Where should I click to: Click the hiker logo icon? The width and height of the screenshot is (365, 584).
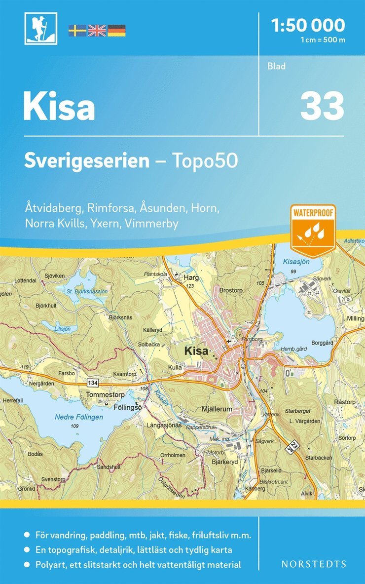(x=40, y=28)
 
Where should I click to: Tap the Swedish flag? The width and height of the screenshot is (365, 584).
(x=77, y=30)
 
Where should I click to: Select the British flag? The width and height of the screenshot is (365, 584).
(x=97, y=30)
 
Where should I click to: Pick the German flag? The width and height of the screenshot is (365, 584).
(x=116, y=30)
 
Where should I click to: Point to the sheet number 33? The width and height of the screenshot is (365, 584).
(x=322, y=107)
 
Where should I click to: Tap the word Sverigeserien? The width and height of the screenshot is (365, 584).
(x=87, y=160)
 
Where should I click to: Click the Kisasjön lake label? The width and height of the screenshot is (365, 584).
(x=296, y=262)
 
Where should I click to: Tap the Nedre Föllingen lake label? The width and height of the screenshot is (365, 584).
(x=79, y=417)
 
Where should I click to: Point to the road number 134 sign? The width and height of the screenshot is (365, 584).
(x=92, y=383)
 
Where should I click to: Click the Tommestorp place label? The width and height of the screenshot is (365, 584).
(x=105, y=394)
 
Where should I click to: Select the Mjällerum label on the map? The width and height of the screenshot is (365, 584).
(x=217, y=409)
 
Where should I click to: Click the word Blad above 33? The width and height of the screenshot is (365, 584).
(x=276, y=66)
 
